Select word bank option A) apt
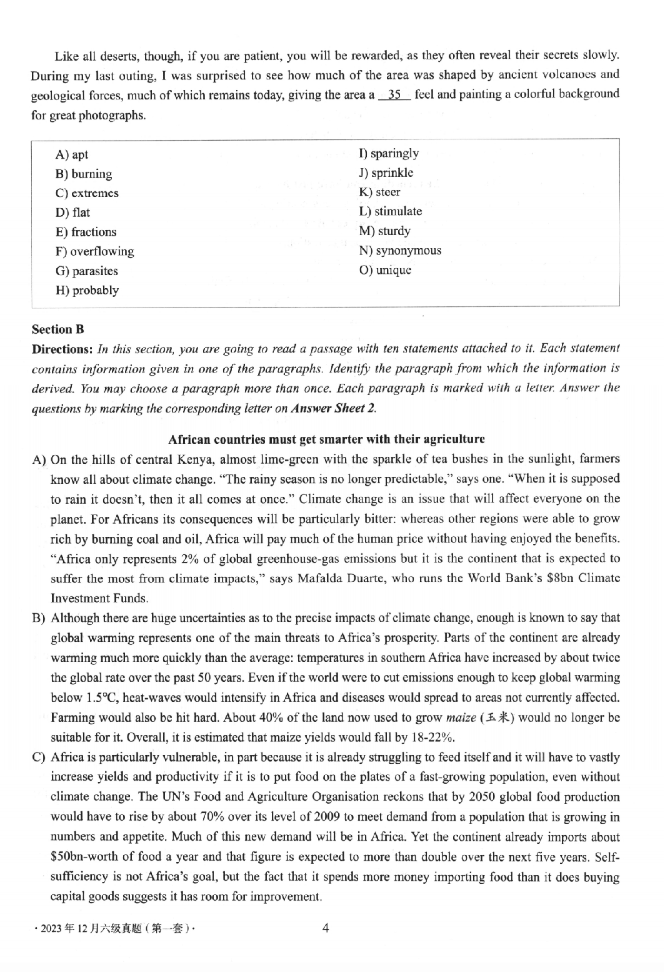pyautogui.click(x=72, y=154)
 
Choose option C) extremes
pyautogui.click(x=87, y=193)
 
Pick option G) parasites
pyautogui.click(x=87, y=271)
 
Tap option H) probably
pyautogui.click(x=87, y=290)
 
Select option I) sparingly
pyautogui.click(x=389, y=153)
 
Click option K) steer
pyautogui.click(x=379, y=192)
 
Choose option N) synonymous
pyautogui.click(x=400, y=251)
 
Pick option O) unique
pyautogui.click(x=385, y=270)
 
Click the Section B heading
pyautogui.click(x=57, y=329)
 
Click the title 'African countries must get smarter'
pyautogui.click(x=326, y=439)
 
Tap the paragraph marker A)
pyautogui.click(x=39, y=459)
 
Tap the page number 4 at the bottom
pyautogui.click(x=325, y=928)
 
